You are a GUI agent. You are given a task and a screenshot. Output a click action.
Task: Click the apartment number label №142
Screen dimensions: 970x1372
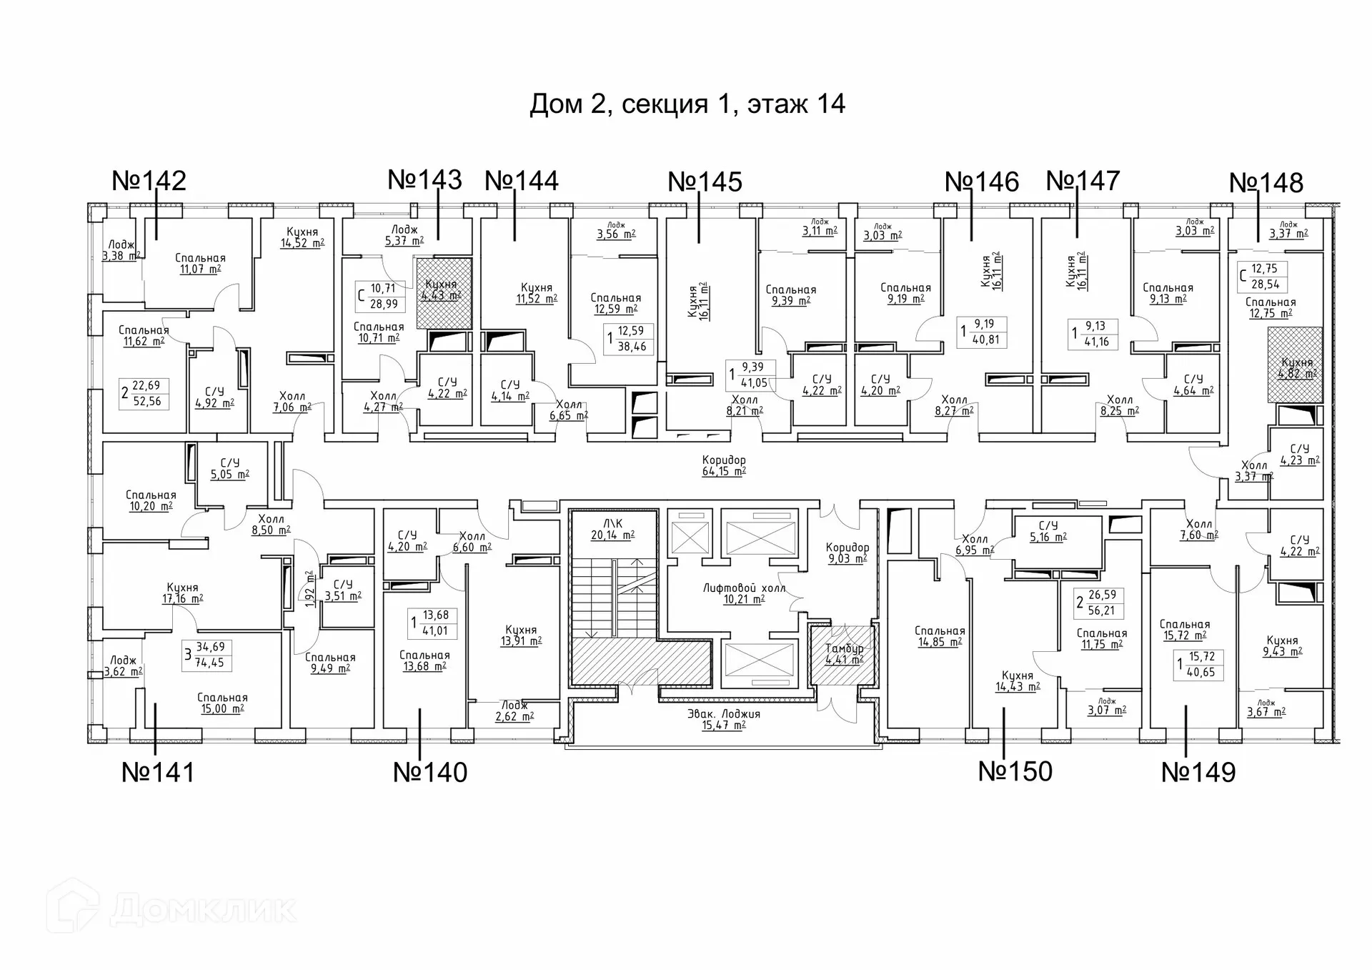[149, 180]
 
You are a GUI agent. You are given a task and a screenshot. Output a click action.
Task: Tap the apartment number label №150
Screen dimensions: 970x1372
[1015, 771]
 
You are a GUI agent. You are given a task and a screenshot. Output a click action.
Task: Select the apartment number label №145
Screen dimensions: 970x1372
[705, 182]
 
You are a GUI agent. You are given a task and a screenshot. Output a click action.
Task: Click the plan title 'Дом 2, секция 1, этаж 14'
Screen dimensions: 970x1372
[687, 104]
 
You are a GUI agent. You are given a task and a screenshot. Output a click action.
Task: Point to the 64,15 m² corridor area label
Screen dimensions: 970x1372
[724, 465]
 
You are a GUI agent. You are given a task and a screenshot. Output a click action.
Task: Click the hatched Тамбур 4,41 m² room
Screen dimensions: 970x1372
[844, 653]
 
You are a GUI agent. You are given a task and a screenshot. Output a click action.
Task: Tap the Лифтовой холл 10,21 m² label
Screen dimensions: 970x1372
[744, 593]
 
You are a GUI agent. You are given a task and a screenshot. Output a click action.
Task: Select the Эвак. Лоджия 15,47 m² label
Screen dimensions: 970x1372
[723, 719]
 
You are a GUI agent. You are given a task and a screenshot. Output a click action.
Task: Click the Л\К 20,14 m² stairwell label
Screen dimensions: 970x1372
[612, 529]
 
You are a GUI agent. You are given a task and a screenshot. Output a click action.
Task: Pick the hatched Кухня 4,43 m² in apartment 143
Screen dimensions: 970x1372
[444, 292]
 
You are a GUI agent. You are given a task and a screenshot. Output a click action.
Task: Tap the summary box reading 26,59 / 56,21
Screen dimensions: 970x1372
[1099, 603]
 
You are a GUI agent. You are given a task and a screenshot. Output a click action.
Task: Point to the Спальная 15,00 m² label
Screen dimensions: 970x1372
[222, 703]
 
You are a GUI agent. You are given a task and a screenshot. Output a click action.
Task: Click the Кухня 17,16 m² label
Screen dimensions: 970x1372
[182, 593]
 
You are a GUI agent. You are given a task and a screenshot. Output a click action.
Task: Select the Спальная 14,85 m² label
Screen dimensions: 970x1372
[939, 636]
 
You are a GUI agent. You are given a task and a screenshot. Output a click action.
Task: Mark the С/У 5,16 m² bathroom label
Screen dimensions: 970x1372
[1048, 531]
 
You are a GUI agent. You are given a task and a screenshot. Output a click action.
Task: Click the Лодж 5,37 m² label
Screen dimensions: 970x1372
[404, 235]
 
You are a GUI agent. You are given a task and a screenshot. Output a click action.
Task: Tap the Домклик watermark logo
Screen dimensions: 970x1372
[171, 909]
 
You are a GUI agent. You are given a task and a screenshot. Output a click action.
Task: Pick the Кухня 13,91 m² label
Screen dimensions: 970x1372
[520, 635]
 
